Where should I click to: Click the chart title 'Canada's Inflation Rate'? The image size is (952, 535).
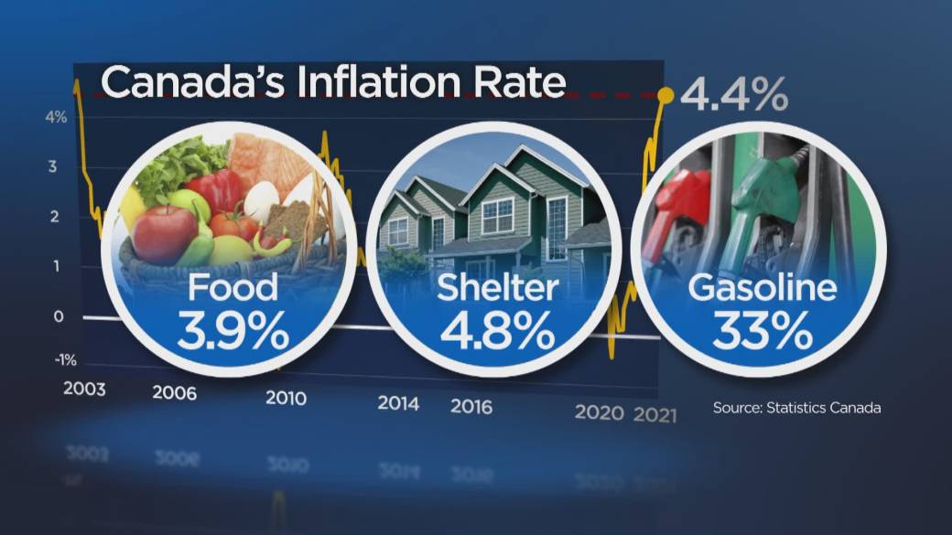click(333, 82)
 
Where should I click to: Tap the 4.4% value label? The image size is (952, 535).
click(733, 94)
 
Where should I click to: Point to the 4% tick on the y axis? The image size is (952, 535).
click(54, 117)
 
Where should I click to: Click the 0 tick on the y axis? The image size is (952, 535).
click(59, 316)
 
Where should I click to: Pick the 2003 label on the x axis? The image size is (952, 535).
click(84, 389)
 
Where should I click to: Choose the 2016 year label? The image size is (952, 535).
click(471, 405)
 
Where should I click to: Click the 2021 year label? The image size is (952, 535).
click(655, 413)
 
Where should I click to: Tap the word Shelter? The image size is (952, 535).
click(497, 289)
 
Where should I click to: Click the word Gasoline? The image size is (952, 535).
click(763, 289)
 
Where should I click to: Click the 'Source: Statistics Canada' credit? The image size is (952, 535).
click(796, 408)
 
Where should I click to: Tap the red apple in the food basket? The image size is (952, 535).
click(164, 233)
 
